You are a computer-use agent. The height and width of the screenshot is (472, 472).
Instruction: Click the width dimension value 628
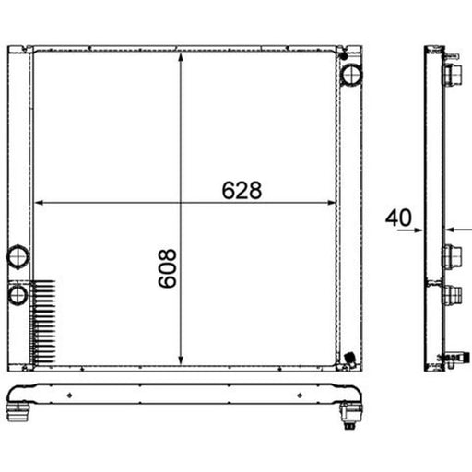point(242,191)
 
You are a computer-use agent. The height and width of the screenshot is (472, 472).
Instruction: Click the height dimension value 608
point(168,268)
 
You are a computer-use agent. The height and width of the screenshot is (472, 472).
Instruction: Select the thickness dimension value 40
point(398,218)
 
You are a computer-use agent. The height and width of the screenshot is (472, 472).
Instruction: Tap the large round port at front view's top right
point(352,75)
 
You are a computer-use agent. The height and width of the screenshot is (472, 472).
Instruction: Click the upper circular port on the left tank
point(18,257)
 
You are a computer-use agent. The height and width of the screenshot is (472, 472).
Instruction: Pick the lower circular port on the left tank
point(18,295)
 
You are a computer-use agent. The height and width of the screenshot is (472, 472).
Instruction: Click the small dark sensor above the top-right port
point(344,56)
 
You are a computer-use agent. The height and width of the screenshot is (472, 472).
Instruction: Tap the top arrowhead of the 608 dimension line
point(181,57)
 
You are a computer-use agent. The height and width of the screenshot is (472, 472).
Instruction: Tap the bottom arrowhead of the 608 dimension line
point(181,360)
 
